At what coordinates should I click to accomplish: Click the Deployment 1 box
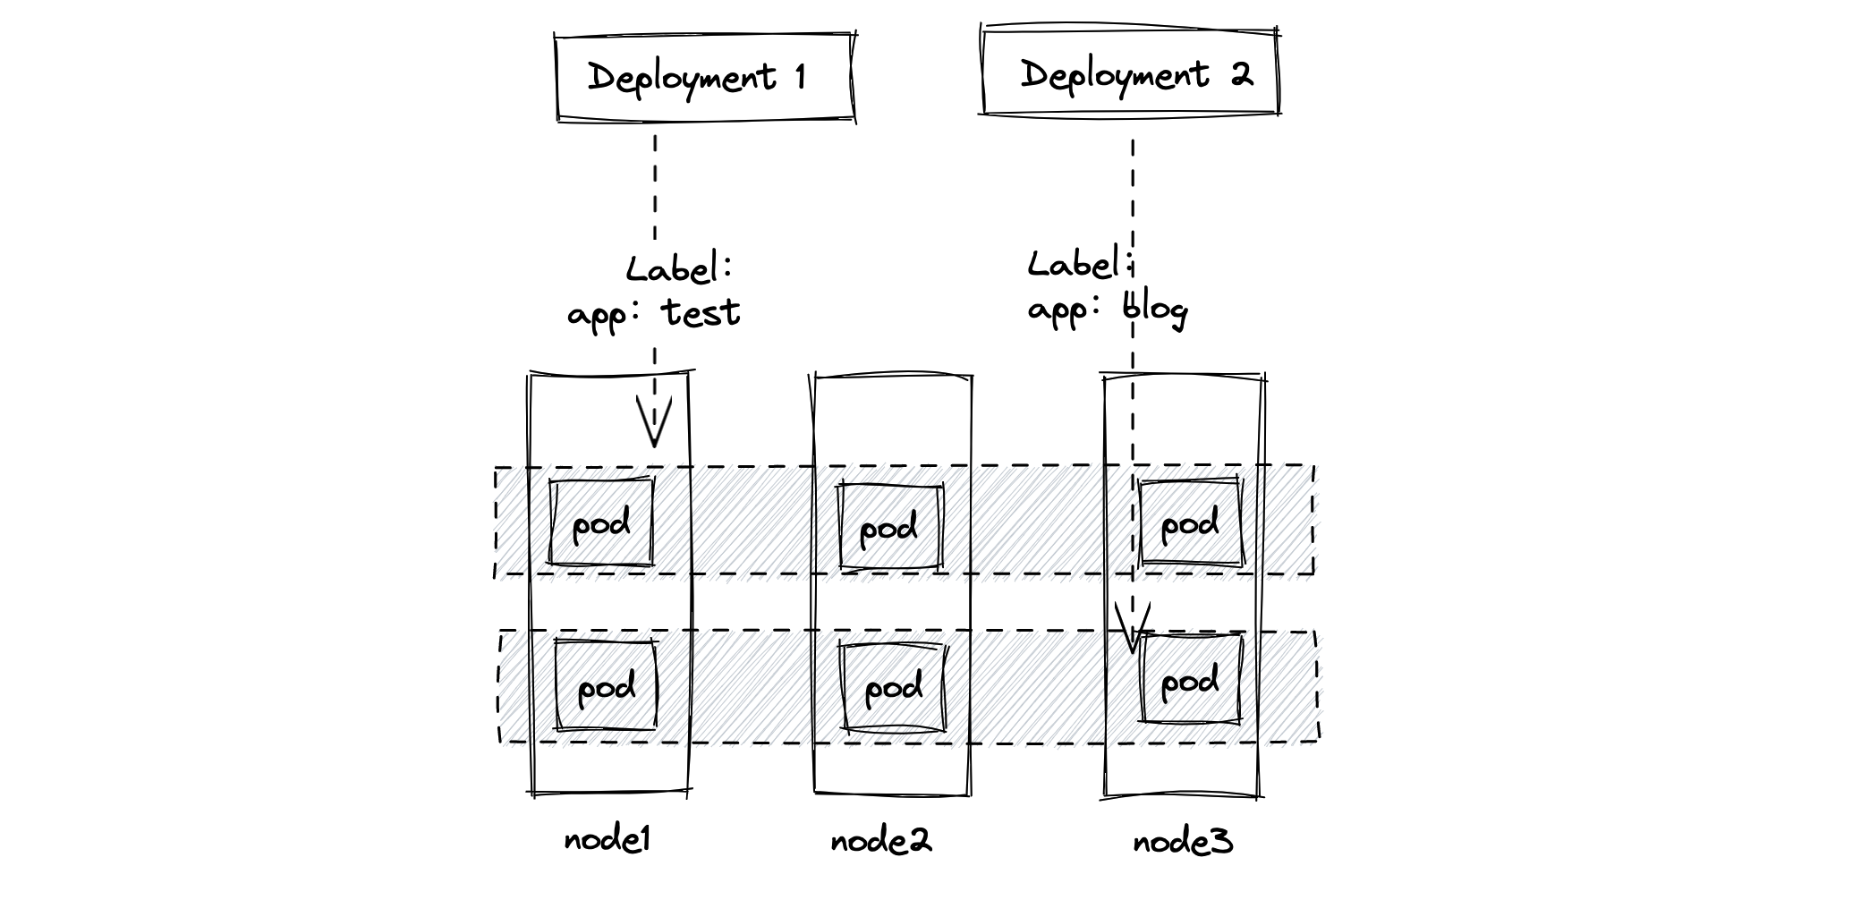click(703, 77)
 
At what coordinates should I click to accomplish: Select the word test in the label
click(701, 313)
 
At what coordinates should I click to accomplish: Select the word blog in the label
click(1155, 310)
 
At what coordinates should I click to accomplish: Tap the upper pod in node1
click(600, 523)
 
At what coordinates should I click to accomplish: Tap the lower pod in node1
click(606, 686)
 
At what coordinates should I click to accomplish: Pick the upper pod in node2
click(890, 528)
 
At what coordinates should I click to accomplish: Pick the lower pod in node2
click(892, 687)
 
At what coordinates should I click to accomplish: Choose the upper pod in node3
click(1190, 523)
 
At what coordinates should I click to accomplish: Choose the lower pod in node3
click(1191, 681)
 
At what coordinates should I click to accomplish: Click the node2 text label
click(880, 841)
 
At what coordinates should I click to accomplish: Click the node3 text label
click(1182, 842)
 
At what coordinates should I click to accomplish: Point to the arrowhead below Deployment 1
click(654, 425)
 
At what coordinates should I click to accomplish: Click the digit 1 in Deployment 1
click(800, 77)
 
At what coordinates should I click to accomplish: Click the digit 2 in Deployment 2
click(1241, 74)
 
